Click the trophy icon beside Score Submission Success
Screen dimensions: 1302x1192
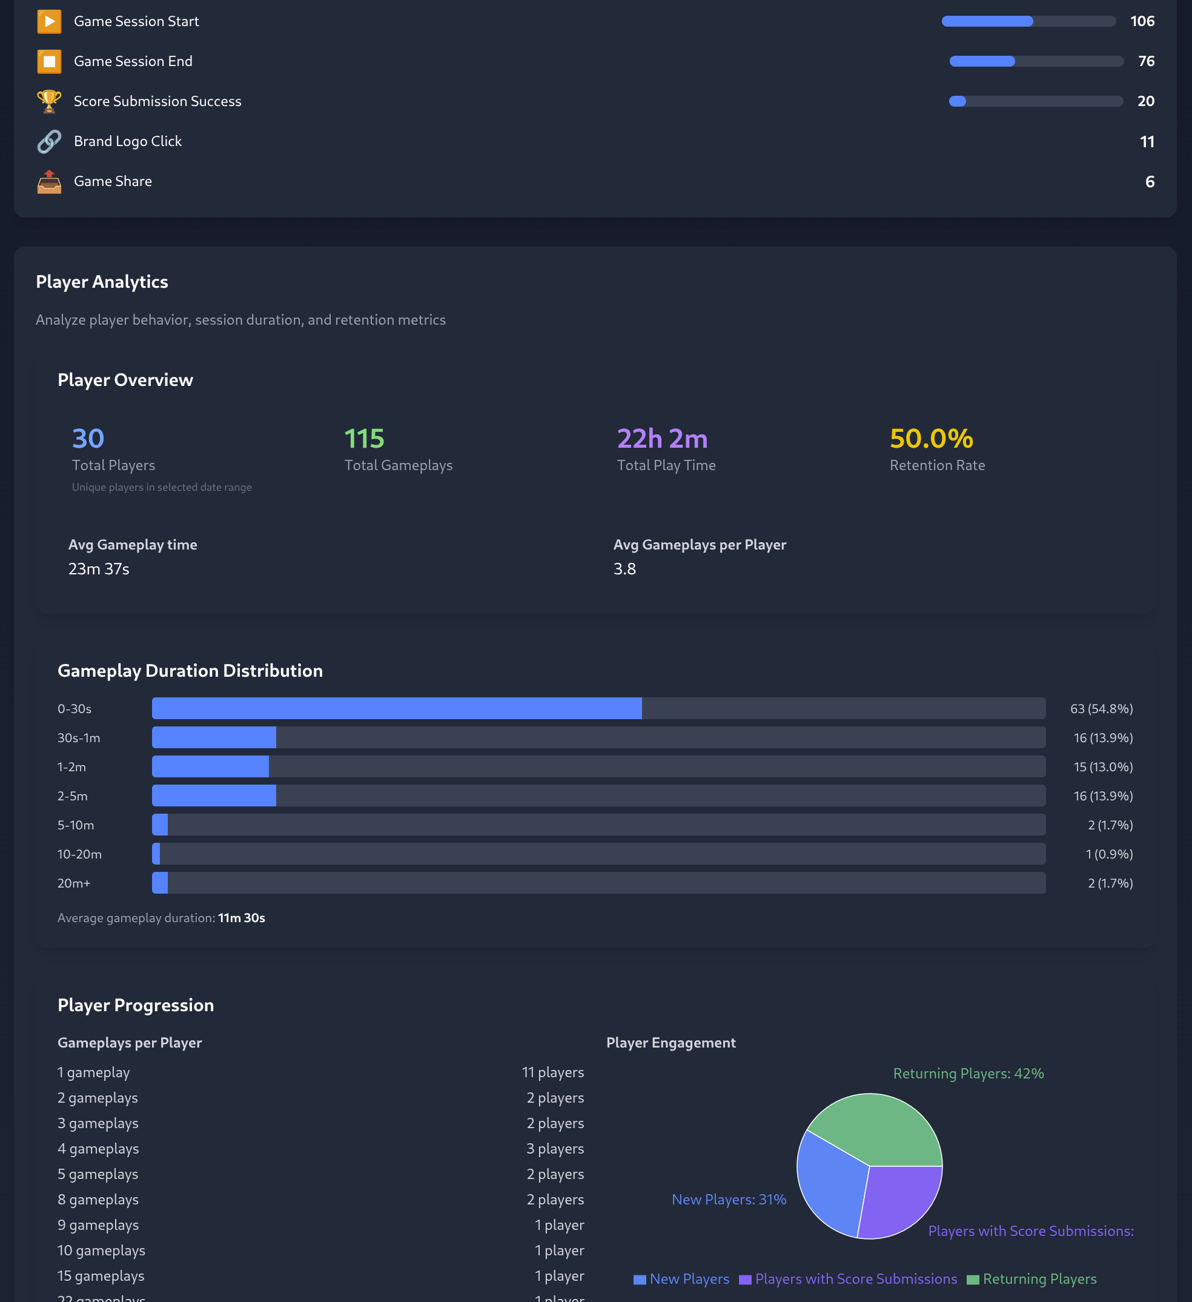[49, 101]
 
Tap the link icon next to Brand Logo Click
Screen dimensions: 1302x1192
[49, 141]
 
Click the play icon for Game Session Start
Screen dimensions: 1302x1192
[49, 21]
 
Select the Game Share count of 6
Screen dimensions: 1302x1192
[1150, 182]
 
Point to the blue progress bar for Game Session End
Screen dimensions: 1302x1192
[982, 61]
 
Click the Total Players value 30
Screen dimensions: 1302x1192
[88, 439]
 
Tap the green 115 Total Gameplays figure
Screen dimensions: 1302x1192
[364, 439]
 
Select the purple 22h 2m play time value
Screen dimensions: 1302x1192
[662, 439]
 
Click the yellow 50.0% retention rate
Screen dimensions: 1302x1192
[931, 439]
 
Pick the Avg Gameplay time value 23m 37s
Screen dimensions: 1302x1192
[99, 569]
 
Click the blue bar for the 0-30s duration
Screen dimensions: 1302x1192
[397, 708]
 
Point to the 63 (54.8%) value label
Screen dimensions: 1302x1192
[1101, 708]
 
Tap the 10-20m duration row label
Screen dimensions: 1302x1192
[79, 854]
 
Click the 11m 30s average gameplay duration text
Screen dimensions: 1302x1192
[242, 918]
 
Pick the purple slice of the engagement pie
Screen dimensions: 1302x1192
[901, 1201]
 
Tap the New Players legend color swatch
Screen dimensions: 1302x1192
[639, 1280]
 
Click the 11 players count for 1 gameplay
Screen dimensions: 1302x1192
[553, 1072]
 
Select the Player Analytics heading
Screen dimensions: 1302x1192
[102, 282]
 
